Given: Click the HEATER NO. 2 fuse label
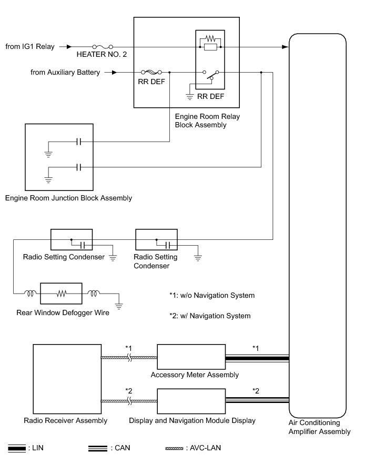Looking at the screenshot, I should click(x=102, y=54).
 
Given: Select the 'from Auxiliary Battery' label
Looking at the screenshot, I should click(x=65, y=73).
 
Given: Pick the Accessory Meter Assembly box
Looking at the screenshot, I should click(x=191, y=358).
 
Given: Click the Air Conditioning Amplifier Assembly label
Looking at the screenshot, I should click(x=319, y=427).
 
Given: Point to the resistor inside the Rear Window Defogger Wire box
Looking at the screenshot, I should click(x=62, y=292).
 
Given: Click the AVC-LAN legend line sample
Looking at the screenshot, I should click(x=175, y=448).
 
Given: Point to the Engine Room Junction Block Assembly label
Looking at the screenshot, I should click(x=68, y=198).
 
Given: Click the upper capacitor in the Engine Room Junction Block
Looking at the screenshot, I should click(x=78, y=142).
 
